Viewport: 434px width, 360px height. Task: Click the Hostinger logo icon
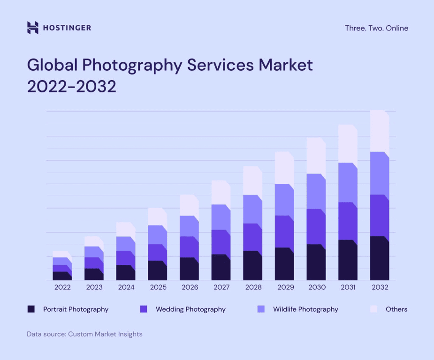pyautogui.click(x=32, y=28)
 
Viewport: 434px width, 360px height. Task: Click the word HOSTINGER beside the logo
pyautogui.click(x=67, y=28)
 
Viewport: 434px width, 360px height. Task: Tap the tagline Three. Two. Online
pyautogui.click(x=376, y=28)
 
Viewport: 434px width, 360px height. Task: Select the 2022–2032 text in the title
pyautogui.click(x=71, y=87)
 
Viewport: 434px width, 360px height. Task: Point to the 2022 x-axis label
pyautogui.click(x=62, y=287)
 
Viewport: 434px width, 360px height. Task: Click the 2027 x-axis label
pyautogui.click(x=221, y=287)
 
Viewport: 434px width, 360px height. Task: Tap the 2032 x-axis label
pyautogui.click(x=380, y=287)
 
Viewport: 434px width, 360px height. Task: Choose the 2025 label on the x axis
pyautogui.click(x=158, y=287)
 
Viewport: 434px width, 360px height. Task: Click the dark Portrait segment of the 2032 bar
pyautogui.click(x=379, y=259)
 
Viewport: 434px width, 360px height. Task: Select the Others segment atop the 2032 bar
pyautogui.click(x=379, y=131)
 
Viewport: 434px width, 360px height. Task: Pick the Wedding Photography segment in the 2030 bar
pyautogui.click(x=316, y=227)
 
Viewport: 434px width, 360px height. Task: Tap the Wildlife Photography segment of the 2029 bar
pyautogui.click(x=284, y=200)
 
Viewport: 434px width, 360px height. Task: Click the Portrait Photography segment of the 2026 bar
pyautogui.click(x=189, y=269)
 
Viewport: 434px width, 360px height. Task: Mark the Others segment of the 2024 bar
pyautogui.click(x=125, y=230)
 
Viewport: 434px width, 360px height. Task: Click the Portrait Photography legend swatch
pyautogui.click(x=31, y=309)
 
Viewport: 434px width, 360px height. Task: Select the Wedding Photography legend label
pyautogui.click(x=190, y=309)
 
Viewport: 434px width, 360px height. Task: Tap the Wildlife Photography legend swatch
pyautogui.click(x=261, y=309)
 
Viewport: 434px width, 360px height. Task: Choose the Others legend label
pyautogui.click(x=396, y=309)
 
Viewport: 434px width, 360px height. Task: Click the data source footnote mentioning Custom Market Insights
pyautogui.click(x=84, y=334)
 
